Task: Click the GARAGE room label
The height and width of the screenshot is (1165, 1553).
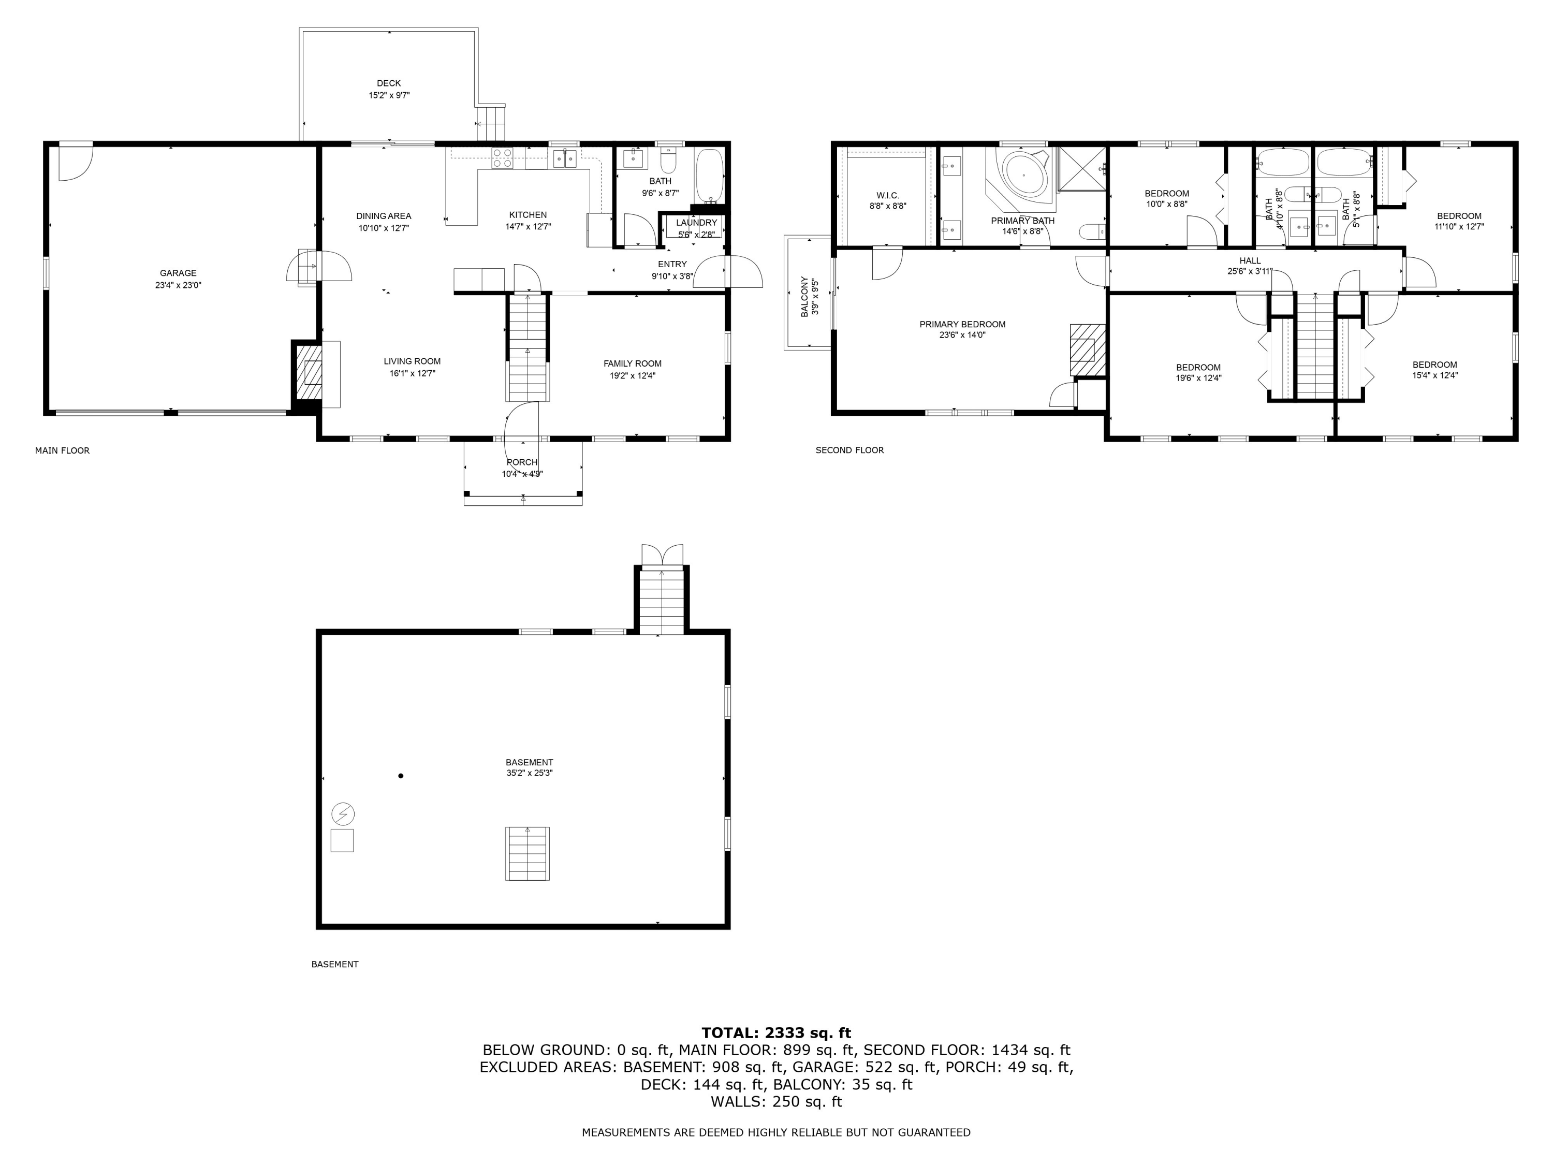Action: pyautogui.click(x=178, y=273)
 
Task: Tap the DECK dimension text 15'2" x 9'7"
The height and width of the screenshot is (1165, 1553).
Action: pyautogui.click(x=389, y=95)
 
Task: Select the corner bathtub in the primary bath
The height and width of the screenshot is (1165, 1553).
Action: pyautogui.click(x=1023, y=175)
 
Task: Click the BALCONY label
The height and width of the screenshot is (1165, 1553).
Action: pyautogui.click(x=804, y=296)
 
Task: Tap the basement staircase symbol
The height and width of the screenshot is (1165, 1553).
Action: pyautogui.click(x=528, y=853)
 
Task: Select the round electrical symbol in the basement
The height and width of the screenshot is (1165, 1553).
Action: pyautogui.click(x=343, y=814)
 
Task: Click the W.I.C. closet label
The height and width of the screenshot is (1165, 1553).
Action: pyautogui.click(x=887, y=195)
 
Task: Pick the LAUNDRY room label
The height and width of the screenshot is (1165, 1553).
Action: pyautogui.click(x=696, y=223)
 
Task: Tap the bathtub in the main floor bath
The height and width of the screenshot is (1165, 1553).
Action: pyautogui.click(x=708, y=176)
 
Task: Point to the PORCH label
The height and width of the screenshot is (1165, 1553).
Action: pyautogui.click(x=522, y=462)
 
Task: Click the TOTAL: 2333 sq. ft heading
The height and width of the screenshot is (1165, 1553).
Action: pyautogui.click(x=776, y=1033)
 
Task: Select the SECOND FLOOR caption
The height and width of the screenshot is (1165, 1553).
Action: pyautogui.click(x=849, y=450)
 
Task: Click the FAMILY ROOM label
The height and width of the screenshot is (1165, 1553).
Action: pyautogui.click(x=632, y=364)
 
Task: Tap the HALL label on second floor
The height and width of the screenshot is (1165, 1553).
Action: pyautogui.click(x=1250, y=260)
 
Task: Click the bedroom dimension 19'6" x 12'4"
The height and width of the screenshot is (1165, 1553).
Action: pyautogui.click(x=1198, y=378)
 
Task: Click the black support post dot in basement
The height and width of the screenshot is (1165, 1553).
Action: pyautogui.click(x=401, y=776)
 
